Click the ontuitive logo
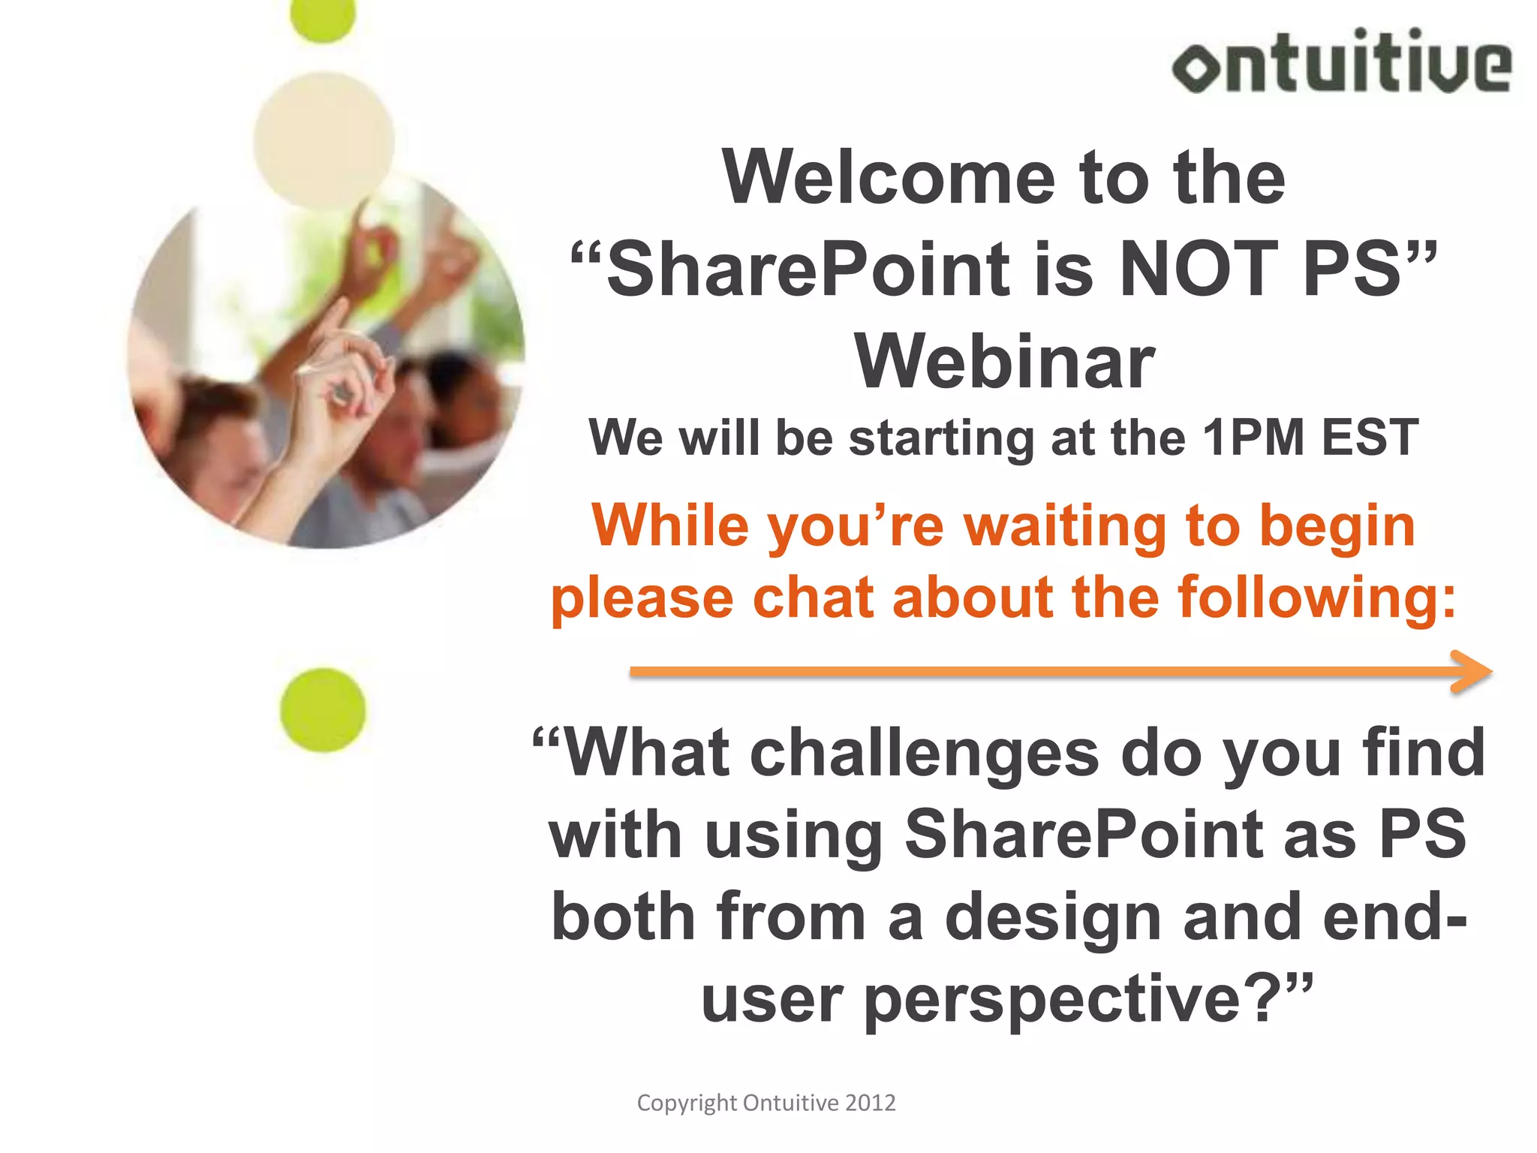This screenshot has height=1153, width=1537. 1341,62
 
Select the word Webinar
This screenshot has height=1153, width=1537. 1004,363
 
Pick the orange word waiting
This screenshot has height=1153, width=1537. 1066,525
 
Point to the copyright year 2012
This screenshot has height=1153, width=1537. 871,1103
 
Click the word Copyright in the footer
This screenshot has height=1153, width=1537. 687,1103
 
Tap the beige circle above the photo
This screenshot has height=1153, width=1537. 323,140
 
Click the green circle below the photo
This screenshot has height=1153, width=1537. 323,710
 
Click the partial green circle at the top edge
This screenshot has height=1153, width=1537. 323,18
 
